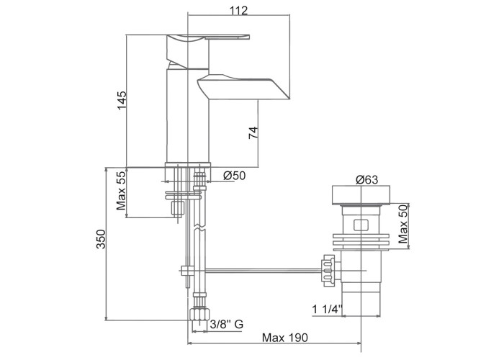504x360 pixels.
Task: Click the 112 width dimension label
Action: coord(239,11)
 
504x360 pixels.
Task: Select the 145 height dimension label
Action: coord(122,100)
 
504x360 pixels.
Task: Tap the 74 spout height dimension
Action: coord(253,132)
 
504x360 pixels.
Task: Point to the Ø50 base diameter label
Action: coord(234,176)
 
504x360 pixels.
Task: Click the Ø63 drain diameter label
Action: coord(366,180)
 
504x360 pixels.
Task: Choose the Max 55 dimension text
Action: coord(121,191)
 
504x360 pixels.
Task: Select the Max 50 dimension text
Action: coord(403,224)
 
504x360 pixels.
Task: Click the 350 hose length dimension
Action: coord(101,239)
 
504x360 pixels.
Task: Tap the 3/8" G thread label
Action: coord(226,324)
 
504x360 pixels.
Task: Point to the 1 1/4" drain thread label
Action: coord(328,310)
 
